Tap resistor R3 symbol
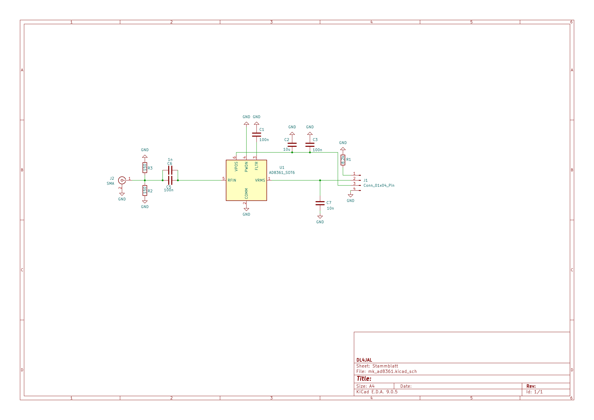coord(145,168)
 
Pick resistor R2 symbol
coord(145,190)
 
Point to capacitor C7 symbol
coord(320,203)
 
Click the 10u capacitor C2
coord(292,145)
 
